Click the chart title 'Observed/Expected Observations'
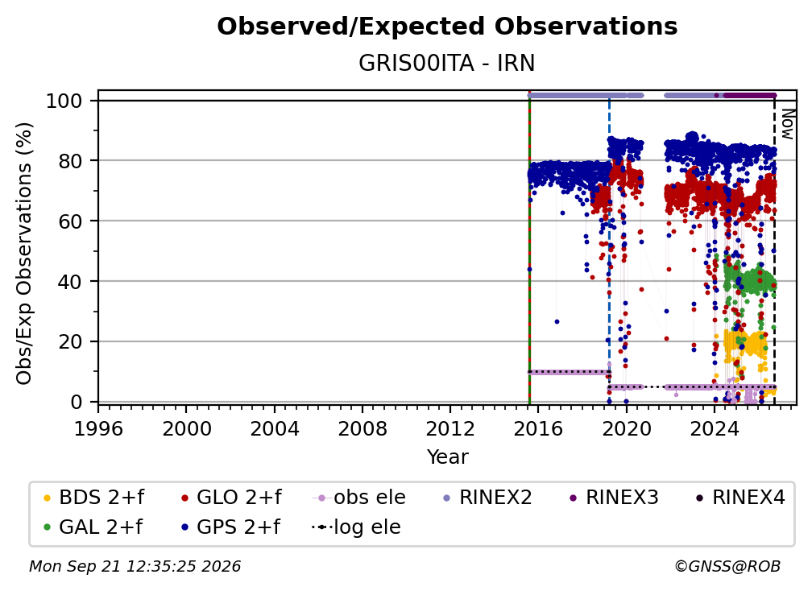click(447, 27)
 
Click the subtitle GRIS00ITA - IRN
click(446, 64)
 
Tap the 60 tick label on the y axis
click(70, 221)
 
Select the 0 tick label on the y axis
click(76, 402)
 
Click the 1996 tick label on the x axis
click(98, 429)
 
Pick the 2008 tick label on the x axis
click(362, 429)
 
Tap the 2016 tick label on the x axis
click(538, 429)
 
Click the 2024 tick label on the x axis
click(714, 429)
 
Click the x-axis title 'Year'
click(447, 457)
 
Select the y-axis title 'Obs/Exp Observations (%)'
click(24, 254)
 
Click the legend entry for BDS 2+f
click(93, 498)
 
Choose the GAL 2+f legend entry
click(93, 527)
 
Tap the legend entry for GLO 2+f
click(231, 498)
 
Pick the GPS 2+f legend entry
click(230, 527)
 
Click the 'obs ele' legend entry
click(359, 498)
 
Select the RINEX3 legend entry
click(614, 498)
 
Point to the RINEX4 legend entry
click(740, 498)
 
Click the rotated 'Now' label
click(787, 124)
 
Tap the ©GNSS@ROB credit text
click(727, 567)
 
